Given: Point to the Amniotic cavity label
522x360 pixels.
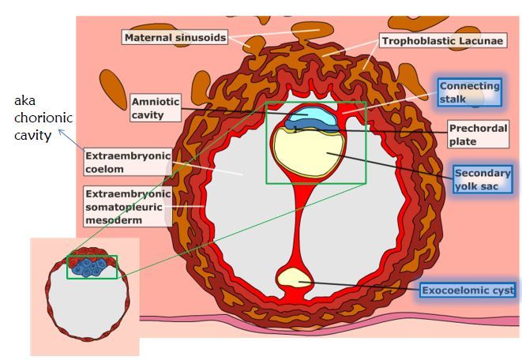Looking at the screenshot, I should click(156, 108).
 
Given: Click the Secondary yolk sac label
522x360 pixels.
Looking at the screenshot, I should click(482, 180).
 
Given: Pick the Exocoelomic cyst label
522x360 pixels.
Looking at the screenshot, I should click(467, 291).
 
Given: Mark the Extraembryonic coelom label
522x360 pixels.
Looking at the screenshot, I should click(128, 162).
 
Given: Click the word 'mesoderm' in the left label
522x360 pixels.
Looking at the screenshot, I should click(112, 220).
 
